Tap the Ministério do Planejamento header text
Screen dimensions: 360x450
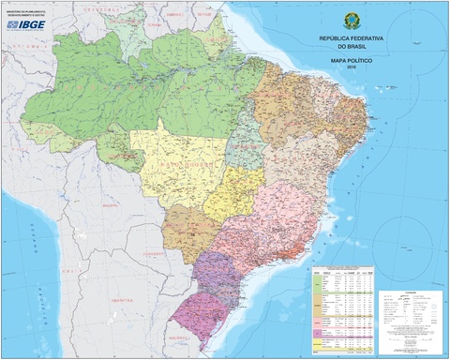pos(25,13)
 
